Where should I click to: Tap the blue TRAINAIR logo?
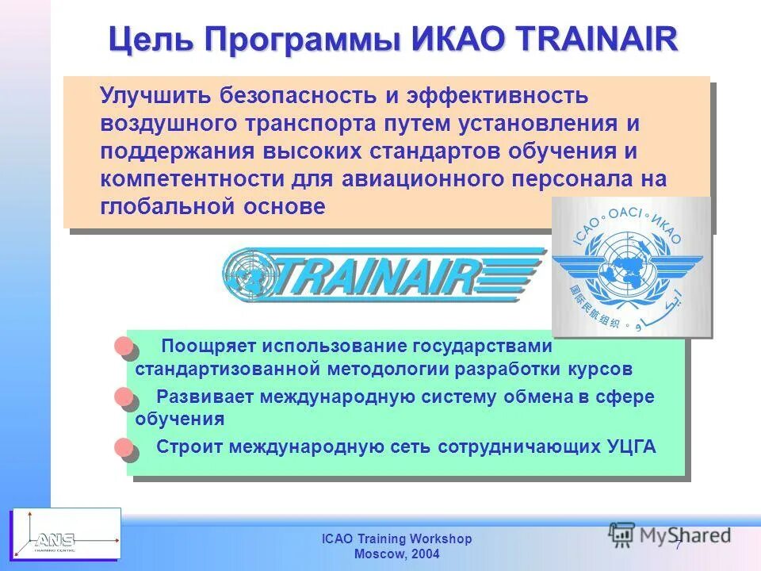384,274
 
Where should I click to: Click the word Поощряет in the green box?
208,347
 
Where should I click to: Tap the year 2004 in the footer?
424,554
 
